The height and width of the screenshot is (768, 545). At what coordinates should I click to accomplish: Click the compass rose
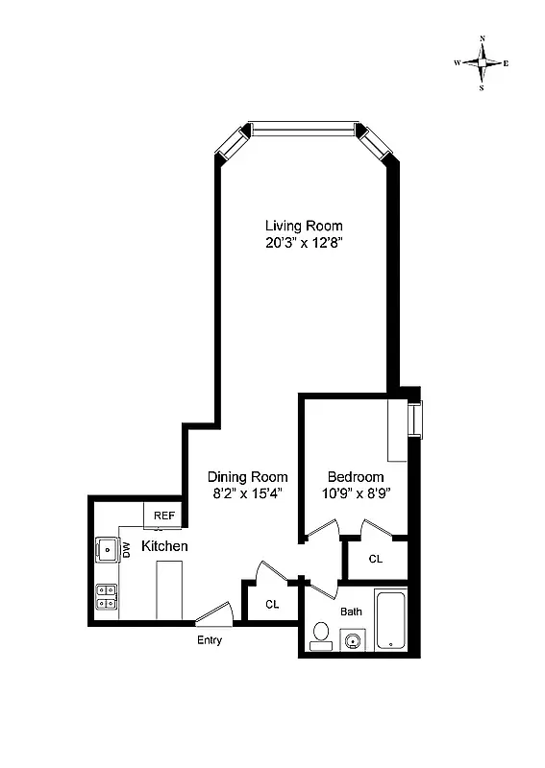[482, 62]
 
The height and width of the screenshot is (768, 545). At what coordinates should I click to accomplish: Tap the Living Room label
[304, 226]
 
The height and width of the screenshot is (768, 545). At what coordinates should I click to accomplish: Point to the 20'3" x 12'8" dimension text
[304, 243]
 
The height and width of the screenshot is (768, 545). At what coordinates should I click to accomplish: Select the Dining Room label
[248, 476]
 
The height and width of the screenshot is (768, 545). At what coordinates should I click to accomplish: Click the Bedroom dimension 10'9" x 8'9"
[356, 493]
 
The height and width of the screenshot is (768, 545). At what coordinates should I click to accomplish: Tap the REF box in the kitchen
[164, 516]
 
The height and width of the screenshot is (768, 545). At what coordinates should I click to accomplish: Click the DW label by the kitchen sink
[124, 549]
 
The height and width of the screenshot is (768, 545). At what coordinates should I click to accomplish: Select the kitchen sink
[106, 550]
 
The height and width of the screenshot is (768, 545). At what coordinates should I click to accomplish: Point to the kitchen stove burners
[106, 598]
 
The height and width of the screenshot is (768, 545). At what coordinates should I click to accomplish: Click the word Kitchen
[164, 546]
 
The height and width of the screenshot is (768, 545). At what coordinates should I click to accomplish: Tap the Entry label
[210, 640]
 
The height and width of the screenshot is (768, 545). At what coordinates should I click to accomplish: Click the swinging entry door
[213, 613]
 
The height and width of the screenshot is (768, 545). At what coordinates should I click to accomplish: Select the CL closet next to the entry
[272, 605]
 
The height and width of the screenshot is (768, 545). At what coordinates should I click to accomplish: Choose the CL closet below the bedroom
[375, 558]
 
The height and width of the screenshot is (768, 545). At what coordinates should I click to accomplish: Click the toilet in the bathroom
[321, 636]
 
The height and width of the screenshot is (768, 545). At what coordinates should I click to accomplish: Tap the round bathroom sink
[354, 640]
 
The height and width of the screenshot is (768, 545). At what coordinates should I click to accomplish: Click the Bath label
[350, 611]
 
